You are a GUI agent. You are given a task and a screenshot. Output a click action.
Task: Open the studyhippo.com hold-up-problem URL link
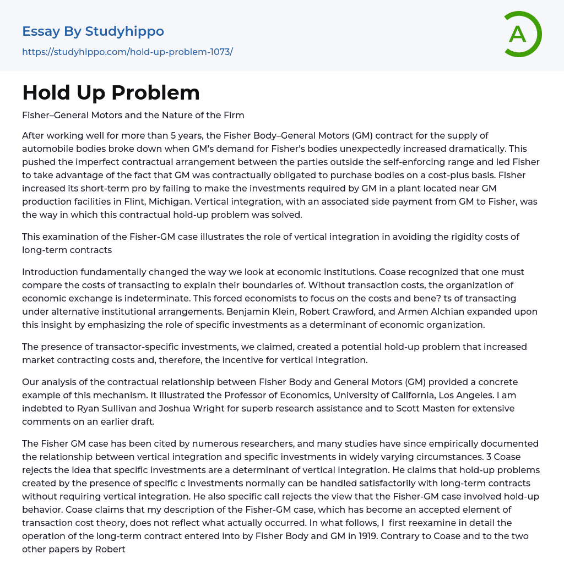click(127, 52)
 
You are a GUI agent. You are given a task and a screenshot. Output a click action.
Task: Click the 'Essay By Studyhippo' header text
click(93, 31)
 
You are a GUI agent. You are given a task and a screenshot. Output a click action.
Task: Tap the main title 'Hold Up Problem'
click(111, 92)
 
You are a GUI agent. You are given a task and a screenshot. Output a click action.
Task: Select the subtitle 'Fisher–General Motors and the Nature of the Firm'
click(133, 115)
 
